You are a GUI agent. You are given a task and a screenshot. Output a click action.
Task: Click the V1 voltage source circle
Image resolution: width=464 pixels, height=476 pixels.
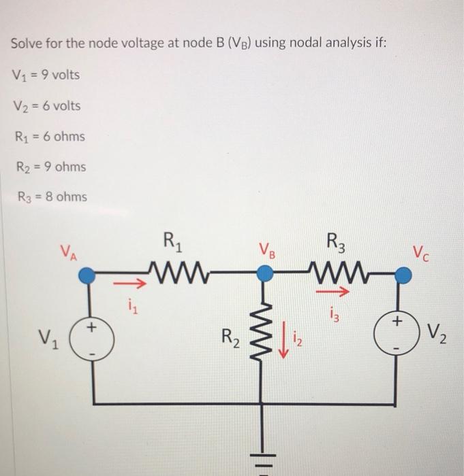[88, 337]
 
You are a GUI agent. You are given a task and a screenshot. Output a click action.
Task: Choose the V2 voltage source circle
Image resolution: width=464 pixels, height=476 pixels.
[402, 337]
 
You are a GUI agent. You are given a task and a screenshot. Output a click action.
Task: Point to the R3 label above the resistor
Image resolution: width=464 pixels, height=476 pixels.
[336, 241]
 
